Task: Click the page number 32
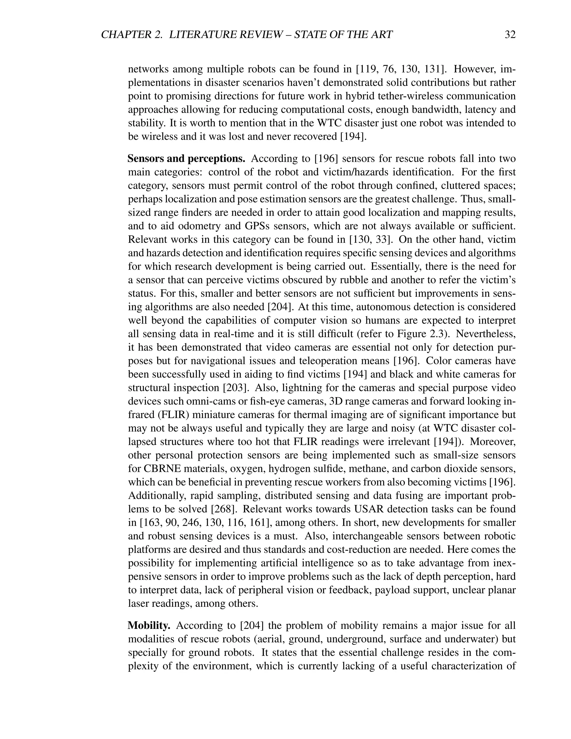510,35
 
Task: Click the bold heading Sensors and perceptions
187,159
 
